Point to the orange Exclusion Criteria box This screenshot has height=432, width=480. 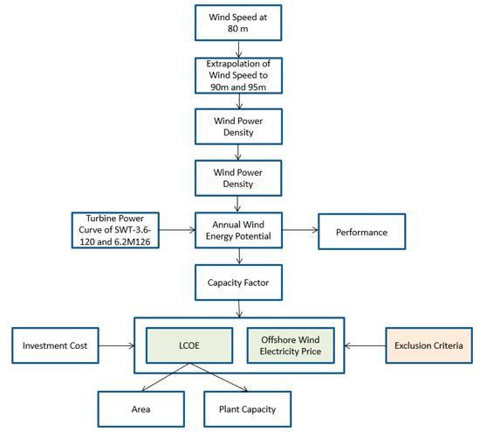click(428, 345)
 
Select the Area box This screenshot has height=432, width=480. click(141, 408)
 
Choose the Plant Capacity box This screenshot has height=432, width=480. click(246, 408)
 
